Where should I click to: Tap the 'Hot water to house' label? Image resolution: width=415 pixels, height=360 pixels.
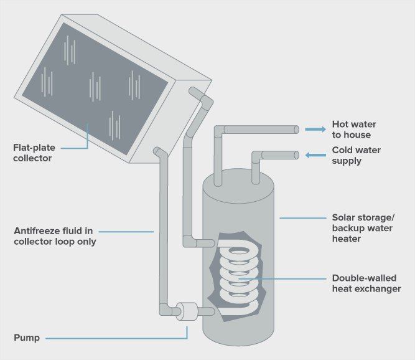(353, 129)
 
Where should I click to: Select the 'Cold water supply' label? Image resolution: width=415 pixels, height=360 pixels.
(356, 155)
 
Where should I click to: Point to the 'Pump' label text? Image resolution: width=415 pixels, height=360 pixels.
(27, 338)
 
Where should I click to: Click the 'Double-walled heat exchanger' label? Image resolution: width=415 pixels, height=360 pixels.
(364, 283)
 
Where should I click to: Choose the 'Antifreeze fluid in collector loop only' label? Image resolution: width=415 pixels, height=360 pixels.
(55, 236)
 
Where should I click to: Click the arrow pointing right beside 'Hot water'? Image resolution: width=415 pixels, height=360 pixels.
(315, 129)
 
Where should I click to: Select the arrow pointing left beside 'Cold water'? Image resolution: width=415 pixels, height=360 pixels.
(315, 155)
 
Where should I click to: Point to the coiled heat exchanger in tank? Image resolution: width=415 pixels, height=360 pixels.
(237, 274)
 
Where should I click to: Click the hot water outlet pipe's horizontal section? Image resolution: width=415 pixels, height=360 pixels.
(258, 130)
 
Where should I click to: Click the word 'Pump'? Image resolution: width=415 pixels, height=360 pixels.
(27, 338)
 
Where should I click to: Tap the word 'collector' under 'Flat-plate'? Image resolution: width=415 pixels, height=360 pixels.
(32, 158)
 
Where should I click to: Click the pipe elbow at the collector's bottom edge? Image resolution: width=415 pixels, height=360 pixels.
(160, 152)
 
